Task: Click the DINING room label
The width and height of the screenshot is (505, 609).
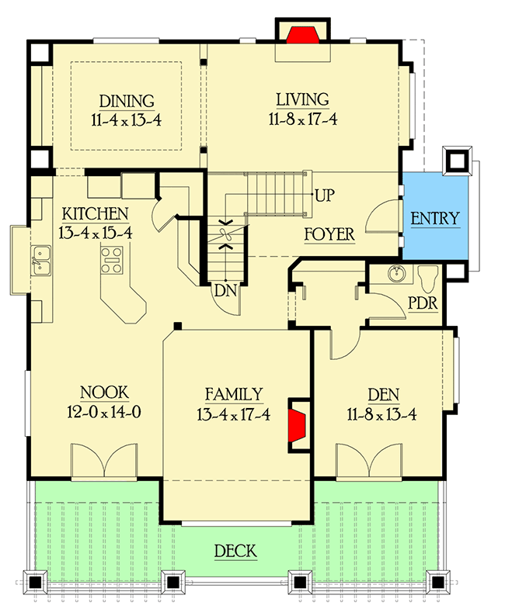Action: (127, 102)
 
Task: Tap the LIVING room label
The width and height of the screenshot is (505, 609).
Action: (302, 99)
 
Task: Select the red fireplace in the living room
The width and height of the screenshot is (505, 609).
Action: (302, 36)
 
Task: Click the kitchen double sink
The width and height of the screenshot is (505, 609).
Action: (40, 261)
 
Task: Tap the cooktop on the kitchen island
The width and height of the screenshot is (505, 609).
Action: (111, 260)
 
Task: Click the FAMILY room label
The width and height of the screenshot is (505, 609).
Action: (233, 394)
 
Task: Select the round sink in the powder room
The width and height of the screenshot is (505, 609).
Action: (398, 275)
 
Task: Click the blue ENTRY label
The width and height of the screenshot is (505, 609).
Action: (434, 218)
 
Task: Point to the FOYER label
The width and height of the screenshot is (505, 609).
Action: (329, 234)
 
